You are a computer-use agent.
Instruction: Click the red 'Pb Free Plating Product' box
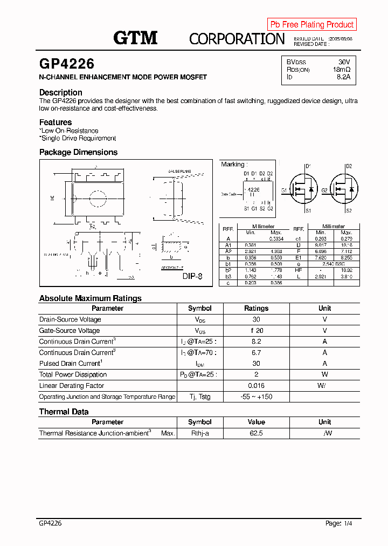[x=312, y=24]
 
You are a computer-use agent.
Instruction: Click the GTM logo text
[x=135, y=38]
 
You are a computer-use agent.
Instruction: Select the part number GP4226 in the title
[x=67, y=64]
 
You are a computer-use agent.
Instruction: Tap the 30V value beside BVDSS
[x=344, y=62]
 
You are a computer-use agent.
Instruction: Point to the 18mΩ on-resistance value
[x=342, y=70]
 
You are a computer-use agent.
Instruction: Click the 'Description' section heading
[x=61, y=92]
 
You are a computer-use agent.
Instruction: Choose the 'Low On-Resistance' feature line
[x=70, y=131]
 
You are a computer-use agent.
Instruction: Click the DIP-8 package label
[x=192, y=276]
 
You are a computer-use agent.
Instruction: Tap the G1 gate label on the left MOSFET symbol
[x=284, y=190]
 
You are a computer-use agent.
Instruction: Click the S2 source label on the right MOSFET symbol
[x=349, y=210]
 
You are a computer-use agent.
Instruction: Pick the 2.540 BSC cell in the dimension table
[x=333, y=264]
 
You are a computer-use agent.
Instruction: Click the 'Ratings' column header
[x=256, y=309]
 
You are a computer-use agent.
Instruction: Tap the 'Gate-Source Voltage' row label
[x=70, y=331]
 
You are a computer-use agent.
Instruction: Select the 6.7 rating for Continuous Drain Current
[x=256, y=352]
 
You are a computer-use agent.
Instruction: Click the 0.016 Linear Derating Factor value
[x=256, y=386]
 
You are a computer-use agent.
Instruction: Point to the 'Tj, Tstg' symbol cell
[x=199, y=397]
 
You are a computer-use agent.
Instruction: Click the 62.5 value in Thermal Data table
[x=256, y=433]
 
